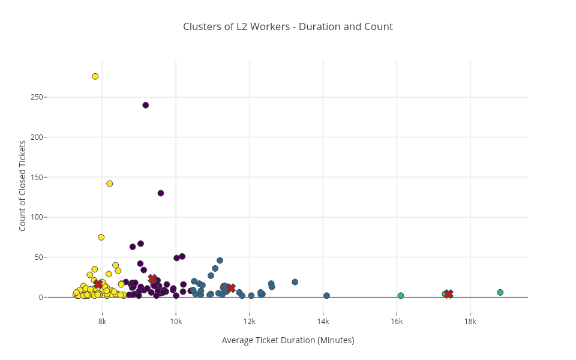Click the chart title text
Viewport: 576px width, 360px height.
coord(288,26)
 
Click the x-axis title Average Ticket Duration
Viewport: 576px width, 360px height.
coord(288,340)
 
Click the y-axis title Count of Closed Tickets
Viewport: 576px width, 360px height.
coord(23,185)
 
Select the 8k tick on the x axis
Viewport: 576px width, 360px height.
coord(102,321)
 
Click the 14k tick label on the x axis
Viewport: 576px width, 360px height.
coord(323,321)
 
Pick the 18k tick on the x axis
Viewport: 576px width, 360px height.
coord(470,321)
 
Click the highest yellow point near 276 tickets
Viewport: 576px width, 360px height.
coord(95,76)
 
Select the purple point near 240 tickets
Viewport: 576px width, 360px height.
coord(145,105)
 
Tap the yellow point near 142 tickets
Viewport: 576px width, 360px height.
coord(110,184)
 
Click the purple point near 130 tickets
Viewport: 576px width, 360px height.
coord(161,193)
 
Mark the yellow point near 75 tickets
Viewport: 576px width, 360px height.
coord(101,237)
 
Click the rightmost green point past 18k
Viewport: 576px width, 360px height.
coord(500,292)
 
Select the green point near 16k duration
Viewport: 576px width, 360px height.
coord(401,295)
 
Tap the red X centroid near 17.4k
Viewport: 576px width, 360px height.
coord(448,294)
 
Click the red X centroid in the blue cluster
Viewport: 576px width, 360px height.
coord(231,288)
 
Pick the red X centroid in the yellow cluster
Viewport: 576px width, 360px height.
coord(98,284)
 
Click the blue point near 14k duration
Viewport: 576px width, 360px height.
coord(326,295)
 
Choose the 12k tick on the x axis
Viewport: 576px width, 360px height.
coord(250,321)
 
